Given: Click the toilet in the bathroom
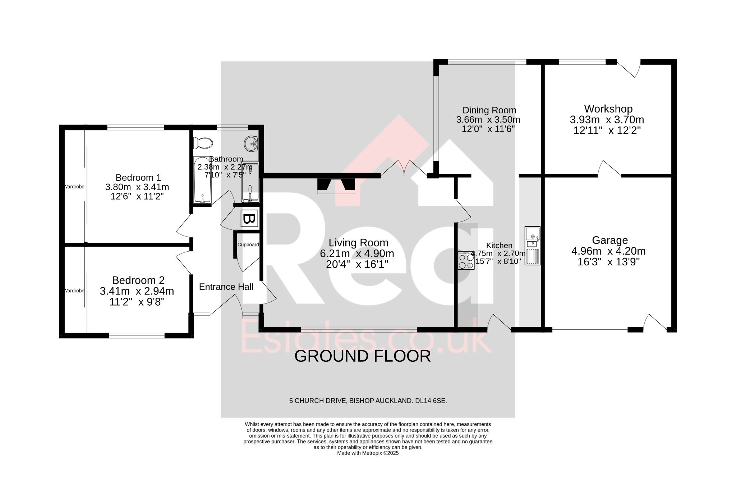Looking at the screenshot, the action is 203,143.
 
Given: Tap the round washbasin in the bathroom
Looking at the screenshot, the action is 251,144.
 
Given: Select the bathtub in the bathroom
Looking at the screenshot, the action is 202,180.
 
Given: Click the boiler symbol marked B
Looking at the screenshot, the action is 249,218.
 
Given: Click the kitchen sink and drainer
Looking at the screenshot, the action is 532,246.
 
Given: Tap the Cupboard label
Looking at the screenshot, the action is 248,245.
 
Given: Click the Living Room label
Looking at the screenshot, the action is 359,243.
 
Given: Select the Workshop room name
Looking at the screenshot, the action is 608,109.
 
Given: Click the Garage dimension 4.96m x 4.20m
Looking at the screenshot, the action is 608,251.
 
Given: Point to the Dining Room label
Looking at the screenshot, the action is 489,110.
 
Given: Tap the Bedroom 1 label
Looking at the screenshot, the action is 138,177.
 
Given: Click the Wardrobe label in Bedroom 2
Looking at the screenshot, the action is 74,291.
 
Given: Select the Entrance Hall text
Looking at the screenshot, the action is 226,287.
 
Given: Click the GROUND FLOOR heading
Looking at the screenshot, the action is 363,356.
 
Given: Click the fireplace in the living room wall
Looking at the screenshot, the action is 336,186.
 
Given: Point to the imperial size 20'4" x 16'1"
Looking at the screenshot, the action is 357,264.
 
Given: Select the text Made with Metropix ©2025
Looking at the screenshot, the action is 368,453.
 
